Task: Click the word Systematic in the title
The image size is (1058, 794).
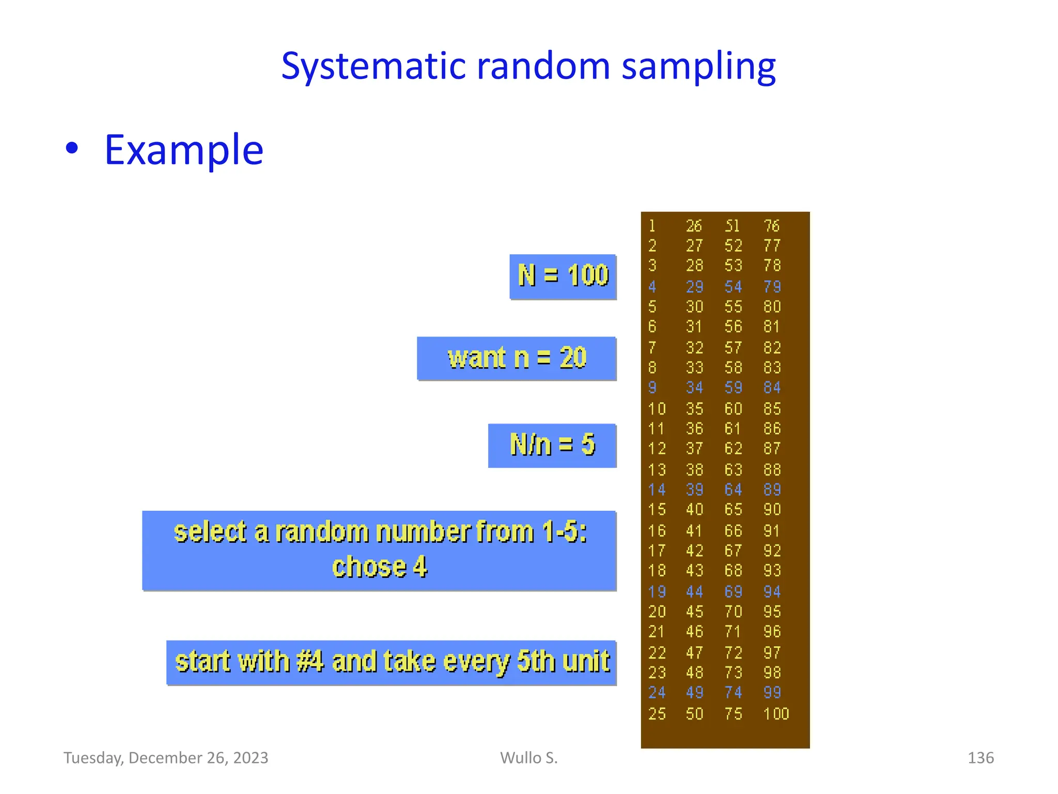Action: (x=373, y=67)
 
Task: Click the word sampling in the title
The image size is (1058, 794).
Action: (x=698, y=67)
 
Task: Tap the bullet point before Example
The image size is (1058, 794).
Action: (x=72, y=149)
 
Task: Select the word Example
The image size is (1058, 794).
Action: (x=184, y=150)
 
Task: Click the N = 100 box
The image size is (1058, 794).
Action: (x=563, y=276)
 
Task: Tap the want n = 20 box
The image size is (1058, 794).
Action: (x=517, y=358)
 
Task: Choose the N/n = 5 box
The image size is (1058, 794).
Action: (x=552, y=445)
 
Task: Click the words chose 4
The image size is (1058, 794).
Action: (x=380, y=567)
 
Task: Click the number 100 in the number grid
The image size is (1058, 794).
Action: (x=776, y=714)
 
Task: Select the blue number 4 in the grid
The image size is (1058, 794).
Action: (x=652, y=287)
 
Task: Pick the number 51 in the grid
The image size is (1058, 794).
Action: (x=732, y=226)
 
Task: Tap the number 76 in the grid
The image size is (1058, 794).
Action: (x=771, y=226)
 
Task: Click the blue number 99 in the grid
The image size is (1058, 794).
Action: (x=772, y=693)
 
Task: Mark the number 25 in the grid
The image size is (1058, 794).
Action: (x=657, y=714)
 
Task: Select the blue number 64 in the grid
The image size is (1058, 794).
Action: (x=733, y=490)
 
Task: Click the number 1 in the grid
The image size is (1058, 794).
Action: (x=652, y=226)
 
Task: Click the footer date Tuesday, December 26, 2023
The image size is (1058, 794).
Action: (x=166, y=758)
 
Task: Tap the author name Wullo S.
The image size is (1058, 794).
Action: (x=528, y=758)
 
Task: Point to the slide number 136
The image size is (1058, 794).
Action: (x=980, y=758)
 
